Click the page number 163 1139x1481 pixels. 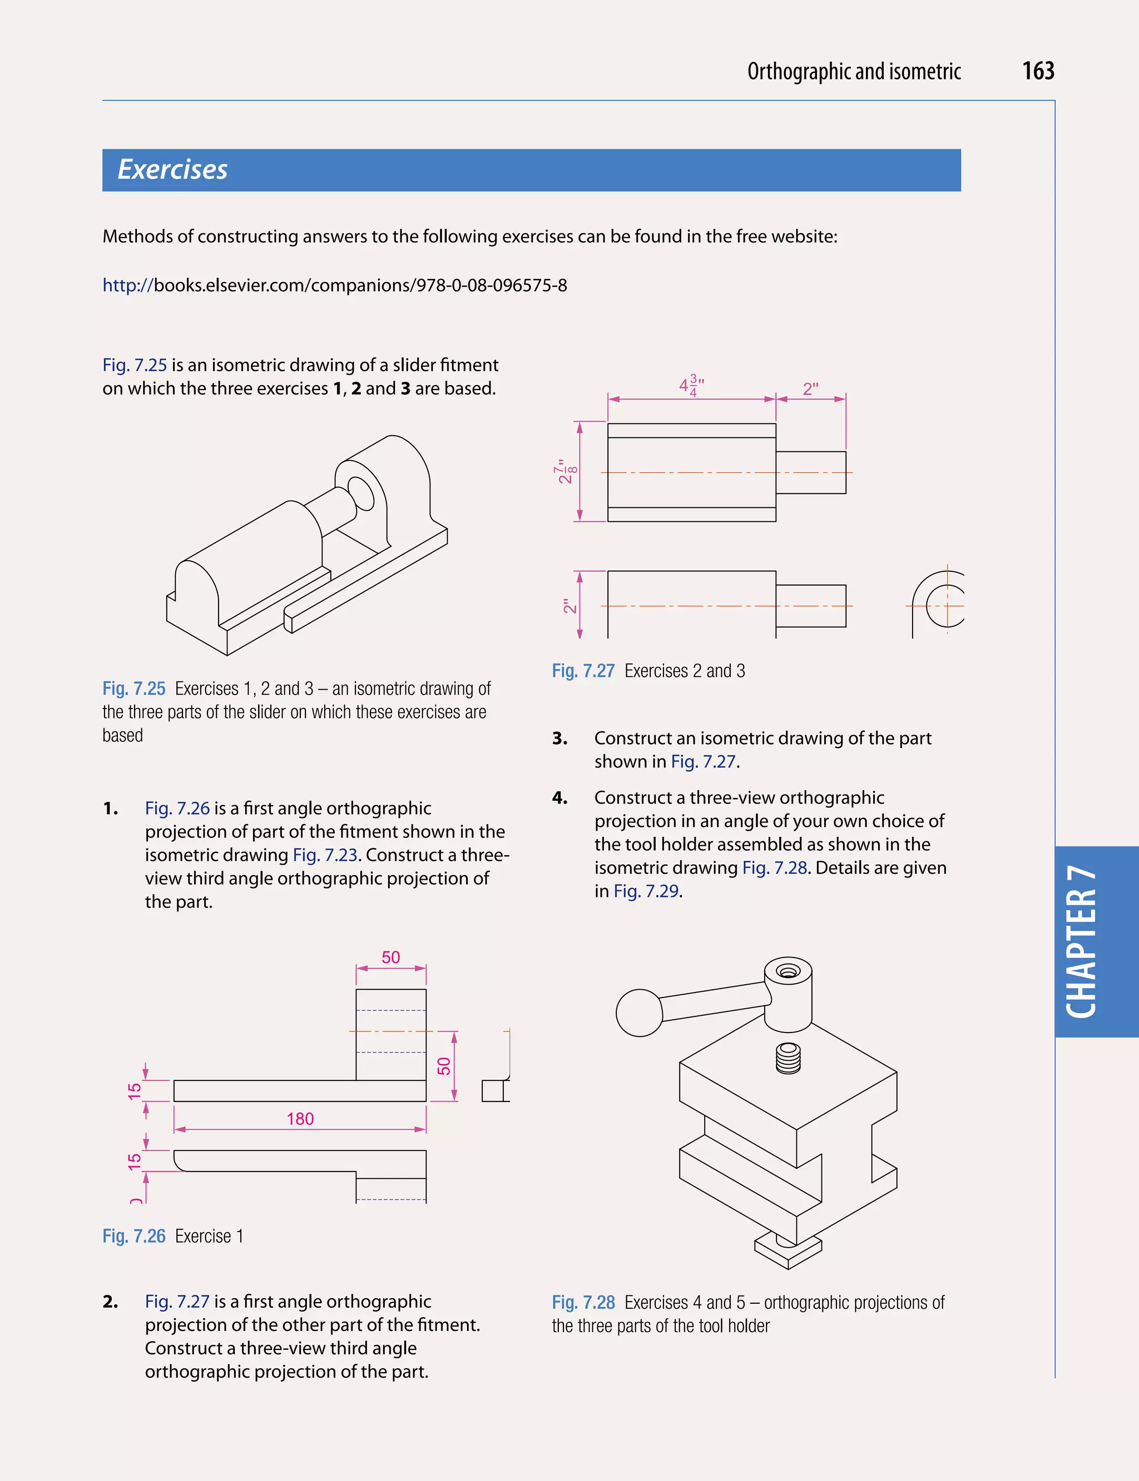[x=1037, y=71]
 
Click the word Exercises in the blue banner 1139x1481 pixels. [x=172, y=169]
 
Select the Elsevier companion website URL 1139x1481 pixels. [x=334, y=285]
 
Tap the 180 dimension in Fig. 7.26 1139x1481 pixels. [x=300, y=1119]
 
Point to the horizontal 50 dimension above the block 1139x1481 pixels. [x=390, y=958]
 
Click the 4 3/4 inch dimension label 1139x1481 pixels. [x=691, y=386]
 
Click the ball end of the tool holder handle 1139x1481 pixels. [x=638, y=1013]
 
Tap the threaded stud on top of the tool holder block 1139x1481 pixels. [x=788, y=1058]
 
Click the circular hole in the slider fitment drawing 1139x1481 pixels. [x=360, y=493]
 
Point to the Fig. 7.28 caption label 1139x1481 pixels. [x=583, y=1302]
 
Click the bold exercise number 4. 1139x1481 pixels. [x=559, y=798]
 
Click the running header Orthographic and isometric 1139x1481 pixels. [x=854, y=72]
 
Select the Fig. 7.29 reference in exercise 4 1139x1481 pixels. [x=647, y=891]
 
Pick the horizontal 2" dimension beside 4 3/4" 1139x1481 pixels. [x=810, y=389]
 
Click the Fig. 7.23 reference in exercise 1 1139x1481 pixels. [x=325, y=855]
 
